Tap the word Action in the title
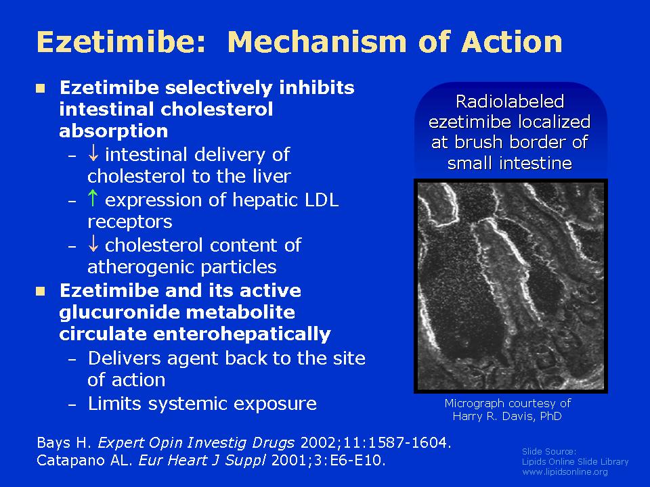512,42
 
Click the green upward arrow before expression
93,198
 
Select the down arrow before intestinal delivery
93,153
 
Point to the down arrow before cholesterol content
93,243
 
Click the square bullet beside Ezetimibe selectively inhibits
40,88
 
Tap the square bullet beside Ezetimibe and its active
40,291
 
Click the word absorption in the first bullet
114,131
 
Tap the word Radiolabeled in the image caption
510,101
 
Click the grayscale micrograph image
511,286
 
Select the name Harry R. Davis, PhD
507,416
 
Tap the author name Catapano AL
85,461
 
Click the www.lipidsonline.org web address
565,471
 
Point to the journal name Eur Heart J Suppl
202,461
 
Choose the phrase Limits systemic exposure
202,403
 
